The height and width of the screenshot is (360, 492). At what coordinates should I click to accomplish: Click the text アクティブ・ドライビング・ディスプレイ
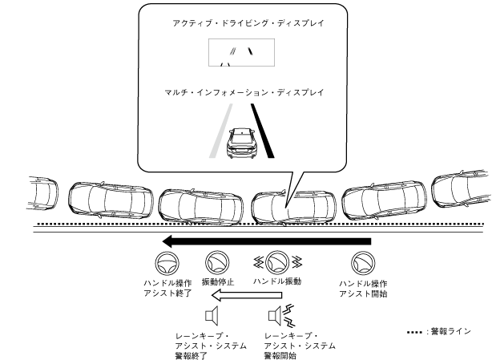pos(243,24)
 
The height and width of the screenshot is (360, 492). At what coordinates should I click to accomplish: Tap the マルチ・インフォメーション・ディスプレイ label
pos(243,93)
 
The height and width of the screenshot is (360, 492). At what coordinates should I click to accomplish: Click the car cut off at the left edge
pos(40,192)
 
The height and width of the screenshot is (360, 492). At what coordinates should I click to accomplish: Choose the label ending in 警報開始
pos(300,345)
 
